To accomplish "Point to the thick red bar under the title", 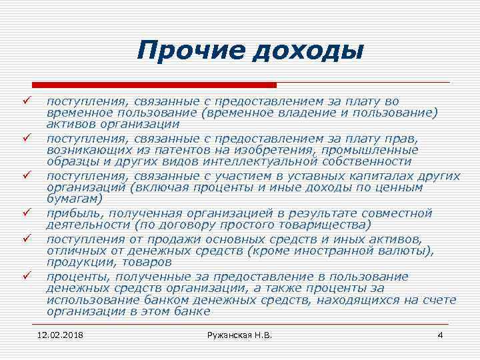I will pyautogui.click(x=154, y=85).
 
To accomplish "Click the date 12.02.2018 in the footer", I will pyautogui.click(x=65, y=334).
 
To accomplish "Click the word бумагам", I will pyautogui.click(x=74, y=199).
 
